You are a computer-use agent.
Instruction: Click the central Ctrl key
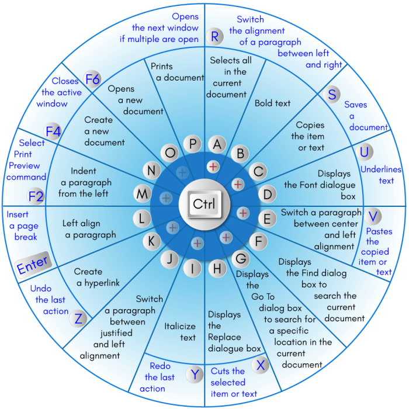204,204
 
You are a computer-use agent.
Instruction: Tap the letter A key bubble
217,144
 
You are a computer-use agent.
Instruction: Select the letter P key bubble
192,144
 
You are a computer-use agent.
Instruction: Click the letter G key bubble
240,257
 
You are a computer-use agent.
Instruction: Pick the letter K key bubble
151,241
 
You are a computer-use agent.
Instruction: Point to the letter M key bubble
143,193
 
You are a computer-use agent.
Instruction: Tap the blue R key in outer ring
215,37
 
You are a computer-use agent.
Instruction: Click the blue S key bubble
332,95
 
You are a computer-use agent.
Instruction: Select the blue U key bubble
366,152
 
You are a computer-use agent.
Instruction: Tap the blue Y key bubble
194,375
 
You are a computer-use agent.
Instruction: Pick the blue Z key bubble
79,319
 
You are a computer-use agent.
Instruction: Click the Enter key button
33,264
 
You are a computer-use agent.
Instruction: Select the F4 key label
53,132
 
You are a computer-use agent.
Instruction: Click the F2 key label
36,196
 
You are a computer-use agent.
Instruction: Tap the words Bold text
272,103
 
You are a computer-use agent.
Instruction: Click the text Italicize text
180,332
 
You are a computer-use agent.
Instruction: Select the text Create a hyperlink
96,277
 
